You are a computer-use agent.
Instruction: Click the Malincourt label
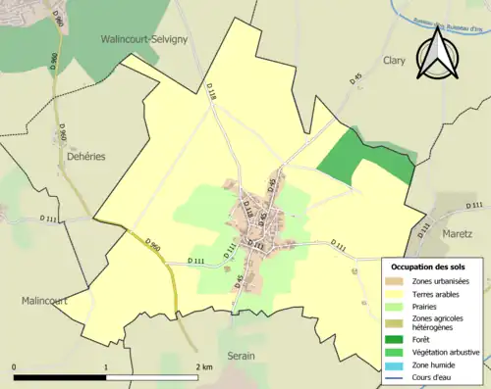click(x=44, y=301)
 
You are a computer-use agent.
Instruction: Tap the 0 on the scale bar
click(x=15, y=366)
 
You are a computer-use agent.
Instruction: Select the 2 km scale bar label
click(x=203, y=366)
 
